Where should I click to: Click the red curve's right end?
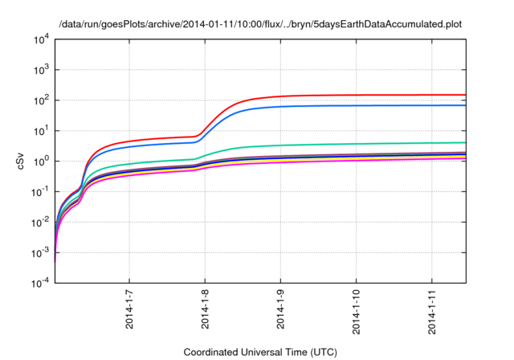465,95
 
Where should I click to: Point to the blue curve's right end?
465,105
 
